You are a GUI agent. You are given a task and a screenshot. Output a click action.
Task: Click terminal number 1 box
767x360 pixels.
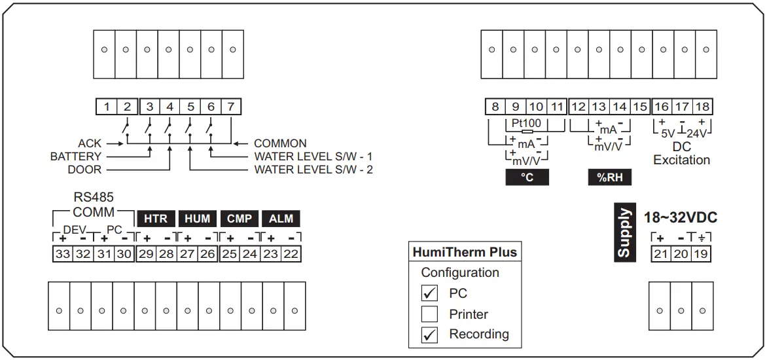coord(107,106)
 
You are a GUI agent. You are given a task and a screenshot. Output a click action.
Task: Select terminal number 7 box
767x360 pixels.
coord(231,106)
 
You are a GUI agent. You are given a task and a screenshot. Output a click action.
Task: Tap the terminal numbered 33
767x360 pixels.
coord(63,254)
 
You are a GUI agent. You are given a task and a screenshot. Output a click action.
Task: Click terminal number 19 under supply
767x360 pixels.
coord(701,254)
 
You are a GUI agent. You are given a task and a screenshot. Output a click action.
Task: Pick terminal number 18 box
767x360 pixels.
coord(702,106)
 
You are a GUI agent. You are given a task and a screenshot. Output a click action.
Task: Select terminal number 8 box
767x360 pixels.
coord(495,106)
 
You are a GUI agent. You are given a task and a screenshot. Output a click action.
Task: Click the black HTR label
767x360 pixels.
coord(155,219)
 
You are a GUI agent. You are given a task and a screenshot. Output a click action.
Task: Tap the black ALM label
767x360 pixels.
coord(281,219)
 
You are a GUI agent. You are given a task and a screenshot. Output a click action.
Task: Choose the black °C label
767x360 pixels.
coord(527,178)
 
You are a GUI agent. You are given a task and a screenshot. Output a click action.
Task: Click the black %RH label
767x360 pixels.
coord(609,178)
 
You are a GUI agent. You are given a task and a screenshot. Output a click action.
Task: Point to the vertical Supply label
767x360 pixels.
coord(624,232)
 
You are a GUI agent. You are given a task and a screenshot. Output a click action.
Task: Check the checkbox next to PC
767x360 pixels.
coord(429,293)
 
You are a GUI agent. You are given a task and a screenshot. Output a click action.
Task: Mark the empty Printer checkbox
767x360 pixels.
coord(429,314)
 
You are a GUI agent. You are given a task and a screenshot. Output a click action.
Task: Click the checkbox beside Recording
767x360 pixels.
coord(429,335)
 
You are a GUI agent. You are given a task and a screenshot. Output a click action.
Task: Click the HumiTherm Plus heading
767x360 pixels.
coord(465,252)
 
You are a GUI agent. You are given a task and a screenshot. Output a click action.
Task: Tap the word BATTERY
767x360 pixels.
coord(76,156)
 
